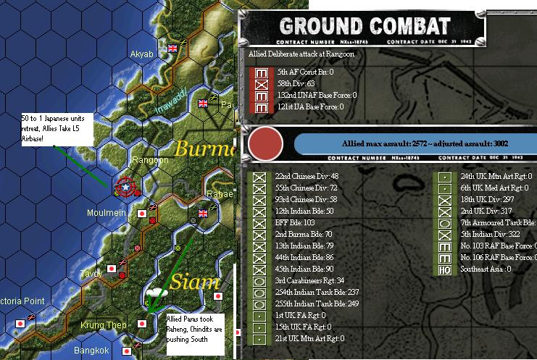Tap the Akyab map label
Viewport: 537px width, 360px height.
[141, 54]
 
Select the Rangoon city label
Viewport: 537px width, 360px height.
[150, 160]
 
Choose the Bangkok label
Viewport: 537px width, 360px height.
[91, 351]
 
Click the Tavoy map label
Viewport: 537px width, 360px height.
[91, 273]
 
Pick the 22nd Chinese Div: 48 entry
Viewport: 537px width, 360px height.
[307, 176]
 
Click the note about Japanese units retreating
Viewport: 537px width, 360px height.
[48, 128]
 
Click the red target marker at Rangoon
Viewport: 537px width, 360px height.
[126, 188]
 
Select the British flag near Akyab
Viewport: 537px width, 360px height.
[172, 49]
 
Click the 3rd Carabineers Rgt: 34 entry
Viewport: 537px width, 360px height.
[309, 280]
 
